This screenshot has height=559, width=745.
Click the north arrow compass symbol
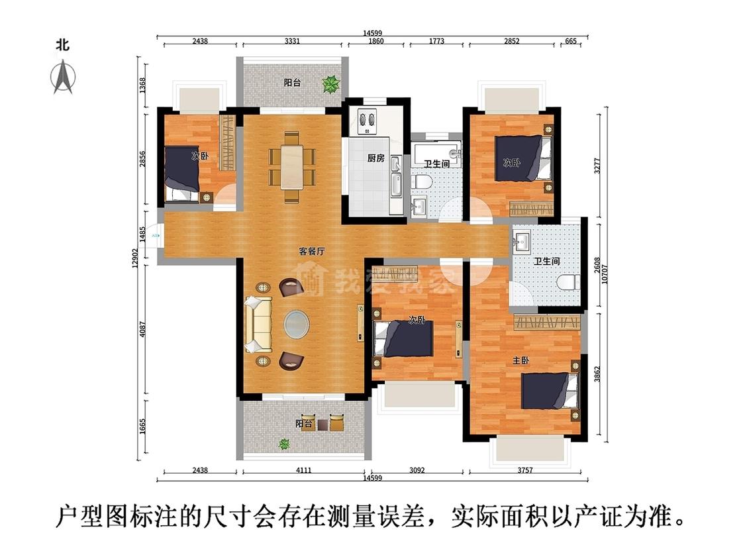click(63, 76)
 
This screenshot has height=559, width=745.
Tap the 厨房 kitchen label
click(377, 158)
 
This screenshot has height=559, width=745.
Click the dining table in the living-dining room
click(291, 167)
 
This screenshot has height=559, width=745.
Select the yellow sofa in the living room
click(258, 325)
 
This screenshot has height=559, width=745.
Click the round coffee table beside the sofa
click(297, 325)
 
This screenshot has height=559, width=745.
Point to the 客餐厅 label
click(311, 251)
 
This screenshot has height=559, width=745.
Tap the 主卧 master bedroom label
click(521, 360)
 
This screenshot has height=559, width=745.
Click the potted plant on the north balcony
click(330, 84)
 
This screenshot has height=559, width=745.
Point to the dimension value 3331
click(292, 41)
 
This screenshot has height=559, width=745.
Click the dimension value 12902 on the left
click(135, 257)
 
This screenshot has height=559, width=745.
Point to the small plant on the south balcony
click(284, 444)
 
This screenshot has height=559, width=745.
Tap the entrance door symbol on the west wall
click(156, 235)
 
